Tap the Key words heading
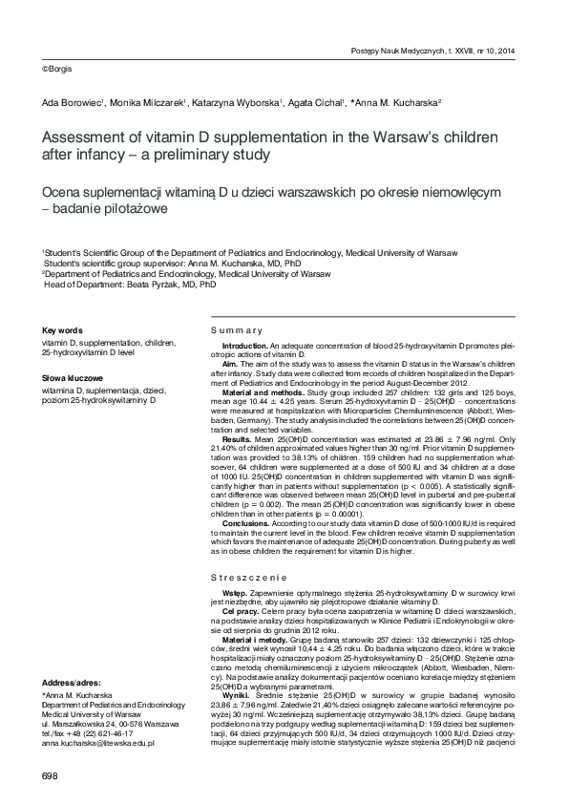click(x=62, y=328)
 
